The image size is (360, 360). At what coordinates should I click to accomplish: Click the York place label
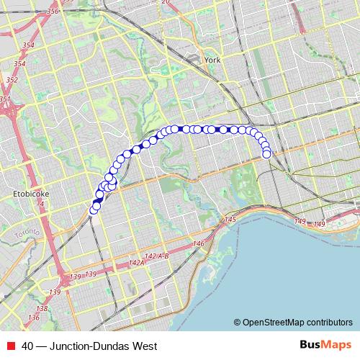coord(212,60)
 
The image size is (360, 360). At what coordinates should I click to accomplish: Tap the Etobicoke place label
coord(32,194)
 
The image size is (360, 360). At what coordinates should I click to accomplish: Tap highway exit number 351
coord(5,99)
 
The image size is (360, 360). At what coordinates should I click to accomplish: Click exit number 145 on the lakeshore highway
coord(230,219)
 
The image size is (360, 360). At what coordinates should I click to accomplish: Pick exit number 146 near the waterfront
coord(199,244)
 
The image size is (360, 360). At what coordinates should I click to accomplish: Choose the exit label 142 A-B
coord(156,256)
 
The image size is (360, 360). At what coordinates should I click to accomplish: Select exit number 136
coord(33,318)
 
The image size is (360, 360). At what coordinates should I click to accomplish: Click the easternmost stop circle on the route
coord(267,153)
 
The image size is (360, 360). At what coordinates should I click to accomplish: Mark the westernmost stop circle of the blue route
coord(93,211)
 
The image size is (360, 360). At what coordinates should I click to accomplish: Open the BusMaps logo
coord(325,345)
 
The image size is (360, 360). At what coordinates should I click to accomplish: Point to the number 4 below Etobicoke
coord(42,204)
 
